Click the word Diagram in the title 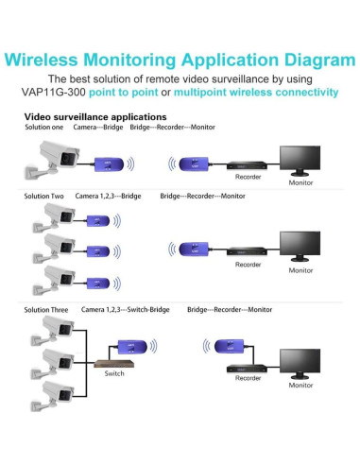pos(309,60)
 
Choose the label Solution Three pos(45,309)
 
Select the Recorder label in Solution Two pos(248,264)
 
